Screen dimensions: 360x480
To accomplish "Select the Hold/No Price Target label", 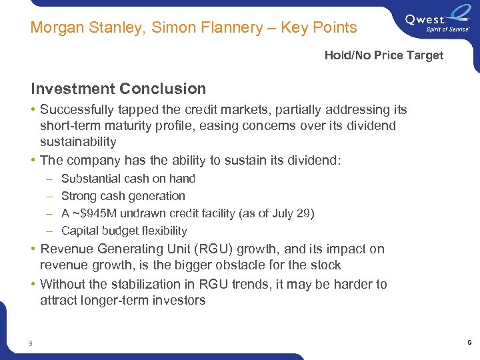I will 383,55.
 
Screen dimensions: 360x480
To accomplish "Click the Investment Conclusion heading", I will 118,89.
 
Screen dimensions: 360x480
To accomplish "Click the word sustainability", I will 78,141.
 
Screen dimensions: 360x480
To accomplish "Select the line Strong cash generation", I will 123,196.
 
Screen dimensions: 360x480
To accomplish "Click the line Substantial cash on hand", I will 128,179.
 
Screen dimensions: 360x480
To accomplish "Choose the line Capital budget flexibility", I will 124,231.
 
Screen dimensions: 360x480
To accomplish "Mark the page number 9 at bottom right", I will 469,343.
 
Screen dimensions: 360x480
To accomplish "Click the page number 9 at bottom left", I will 30,343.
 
